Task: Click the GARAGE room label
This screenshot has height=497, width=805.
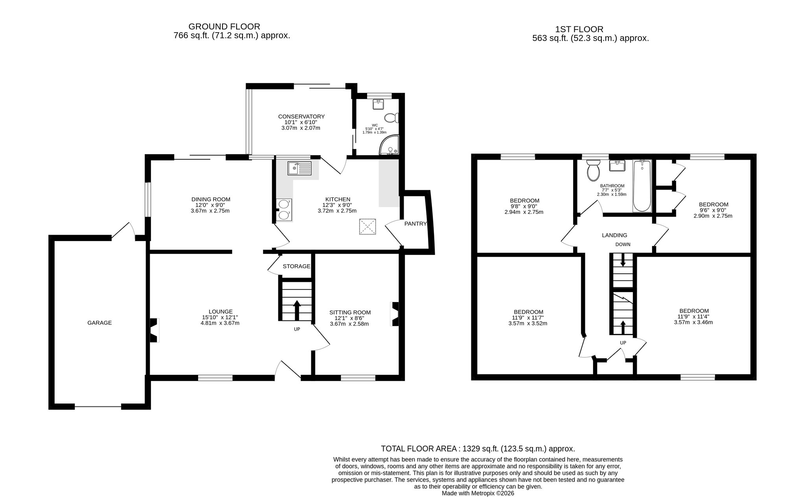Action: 99,323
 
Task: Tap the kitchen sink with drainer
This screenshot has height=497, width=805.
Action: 299,168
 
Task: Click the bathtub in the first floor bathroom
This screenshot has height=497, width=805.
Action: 642,186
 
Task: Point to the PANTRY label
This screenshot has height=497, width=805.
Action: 415,224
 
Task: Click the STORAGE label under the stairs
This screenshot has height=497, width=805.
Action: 296,266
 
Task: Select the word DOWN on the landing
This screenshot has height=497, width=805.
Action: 623,244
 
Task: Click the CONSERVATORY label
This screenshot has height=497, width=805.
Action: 301,116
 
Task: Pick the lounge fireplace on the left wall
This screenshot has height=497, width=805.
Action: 154,330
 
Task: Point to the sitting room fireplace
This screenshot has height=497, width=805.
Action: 394,314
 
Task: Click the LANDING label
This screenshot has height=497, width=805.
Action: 615,236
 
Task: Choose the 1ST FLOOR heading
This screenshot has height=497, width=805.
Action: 579,29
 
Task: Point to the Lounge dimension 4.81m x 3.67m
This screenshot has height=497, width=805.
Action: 220,323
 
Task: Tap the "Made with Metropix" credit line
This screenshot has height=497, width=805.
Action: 478,493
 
